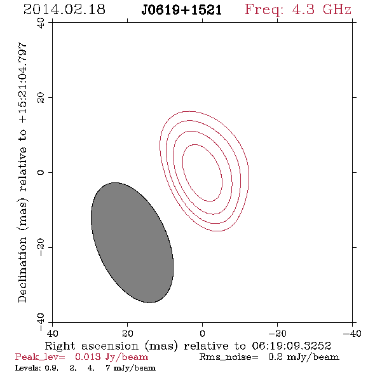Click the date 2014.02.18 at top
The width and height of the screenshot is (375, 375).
pyautogui.click(x=64, y=10)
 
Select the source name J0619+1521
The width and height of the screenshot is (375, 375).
pyautogui.click(x=182, y=10)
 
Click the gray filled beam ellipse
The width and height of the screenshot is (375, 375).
pyautogui.click(x=132, y=243)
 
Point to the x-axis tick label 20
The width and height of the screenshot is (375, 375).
pyautogui.click(x=127, y=333)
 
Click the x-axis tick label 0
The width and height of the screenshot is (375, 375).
pyautogui.click(x=202, y=333)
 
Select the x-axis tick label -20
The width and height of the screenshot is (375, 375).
pyautogui.click(x=277, y=333)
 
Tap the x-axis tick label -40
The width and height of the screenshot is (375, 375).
pyautogui.click(x=352, y=333)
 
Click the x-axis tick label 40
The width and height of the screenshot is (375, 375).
pyautogui.click(x=52, y=333)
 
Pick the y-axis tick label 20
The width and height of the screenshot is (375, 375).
pyautogui.click(x=41, y=98)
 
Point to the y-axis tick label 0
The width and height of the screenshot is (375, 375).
pyautogui.click(x=41, y=172)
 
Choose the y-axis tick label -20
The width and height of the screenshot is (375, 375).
pyautogui.click(x=41, y=247)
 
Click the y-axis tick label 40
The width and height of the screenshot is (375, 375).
pyautogui.click(x=41, y=23)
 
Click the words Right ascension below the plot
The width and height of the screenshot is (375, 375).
pyautogui.click(x=92, y=346)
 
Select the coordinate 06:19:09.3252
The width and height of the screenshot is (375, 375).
pyautogui.click(x=291, y=346)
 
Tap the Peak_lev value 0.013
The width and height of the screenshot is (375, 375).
pyautogui.click(x=88, y=357)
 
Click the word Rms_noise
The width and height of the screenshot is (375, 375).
pyautogui.click(x=229, y=357)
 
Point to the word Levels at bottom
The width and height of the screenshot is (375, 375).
pyautogui.click(x=25, y=368)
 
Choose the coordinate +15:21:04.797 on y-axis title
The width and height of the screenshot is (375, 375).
pyautogui.click(x=22, y=83)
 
